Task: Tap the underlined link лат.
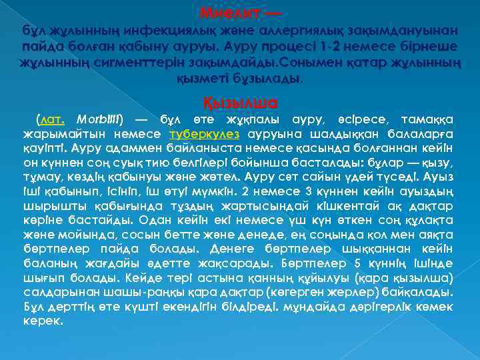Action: [x=53, y=119]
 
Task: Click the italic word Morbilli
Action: [x=100, y=119]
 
